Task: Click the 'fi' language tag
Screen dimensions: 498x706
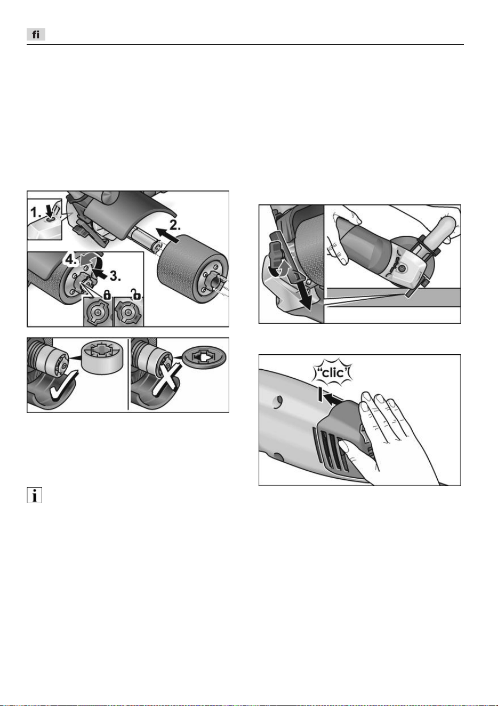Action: click(x=36, y=34)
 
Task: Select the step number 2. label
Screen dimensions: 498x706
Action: click(x=175, y=225)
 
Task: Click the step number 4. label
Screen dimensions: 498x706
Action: click(x=70, y=260)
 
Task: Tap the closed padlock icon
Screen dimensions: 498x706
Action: click(x=107, y=295)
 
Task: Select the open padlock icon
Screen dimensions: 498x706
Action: click(x=136, y=295)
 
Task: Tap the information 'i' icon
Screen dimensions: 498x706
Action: click(x=34, y=495)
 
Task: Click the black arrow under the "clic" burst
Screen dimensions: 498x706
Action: click(x=334, y=400)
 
